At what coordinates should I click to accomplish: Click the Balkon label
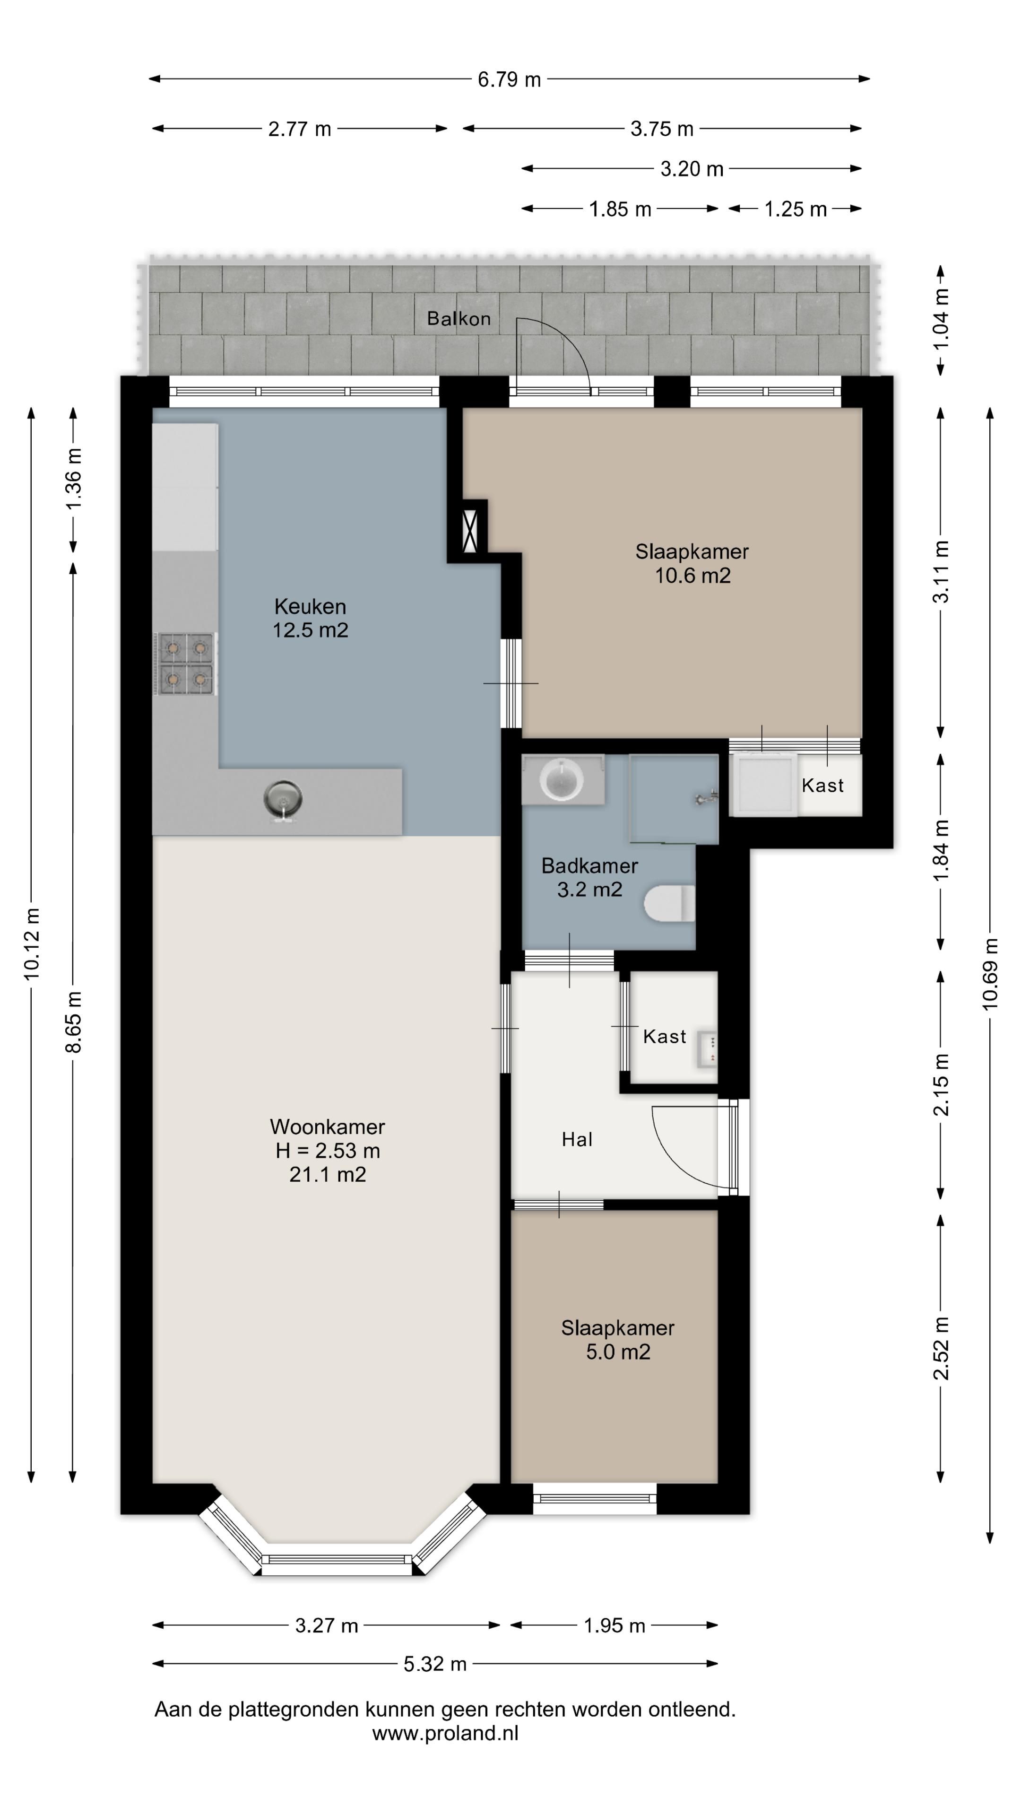click(459, 319)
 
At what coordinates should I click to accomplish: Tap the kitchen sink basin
click(283, 799)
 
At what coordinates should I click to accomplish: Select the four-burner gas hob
click(185, 664)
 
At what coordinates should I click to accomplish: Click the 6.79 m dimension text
click(510, 79)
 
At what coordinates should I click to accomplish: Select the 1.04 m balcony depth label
click(941, 319)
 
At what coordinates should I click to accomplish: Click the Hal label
click(577, 1139)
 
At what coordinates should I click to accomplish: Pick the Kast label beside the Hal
click(665, 1036)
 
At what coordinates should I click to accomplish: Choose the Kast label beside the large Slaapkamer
click(822, 786)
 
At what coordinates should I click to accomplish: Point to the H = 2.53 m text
click(328, 1151)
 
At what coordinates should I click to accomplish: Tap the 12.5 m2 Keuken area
click(311, 629)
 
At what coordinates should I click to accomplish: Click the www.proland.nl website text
click(445, 1734)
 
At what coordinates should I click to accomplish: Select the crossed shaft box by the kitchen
click(470, 530)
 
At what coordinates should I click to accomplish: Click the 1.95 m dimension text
click(614, 1626)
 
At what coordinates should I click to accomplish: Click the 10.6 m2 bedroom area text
click(692, 575)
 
